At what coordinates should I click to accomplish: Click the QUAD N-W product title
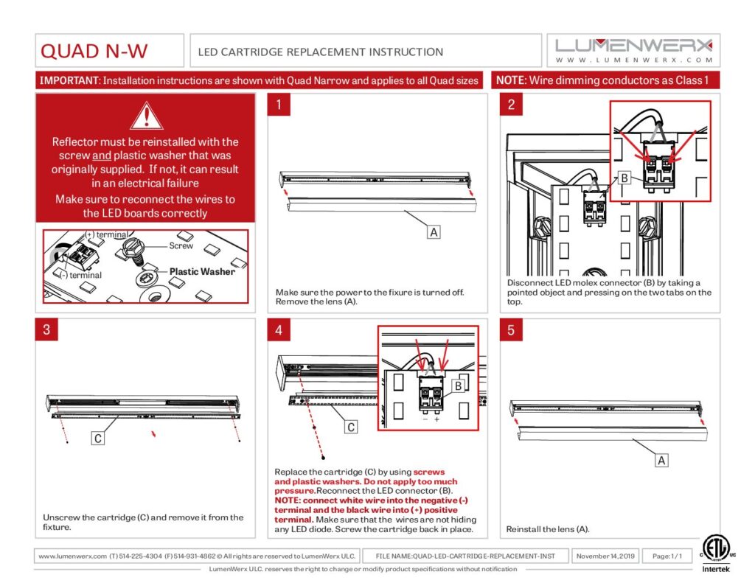pyautogui.click(x=94, y=51)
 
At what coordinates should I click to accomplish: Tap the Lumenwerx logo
pyautogui.click(x=634, y=50)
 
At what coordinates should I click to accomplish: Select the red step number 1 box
pyautogui.click(x=279, y=105)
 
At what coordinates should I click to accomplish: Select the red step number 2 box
pyautogui.click(x=511, y=105)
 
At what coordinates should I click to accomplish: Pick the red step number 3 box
pyautogui.click(x=47, y=329)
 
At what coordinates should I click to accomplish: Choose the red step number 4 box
pyautogui.click(x=279, y=329)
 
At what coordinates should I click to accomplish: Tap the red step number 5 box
pyautogui.click(x=511, y=329)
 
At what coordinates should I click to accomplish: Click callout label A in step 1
pyautogui.click(x=434, y=231)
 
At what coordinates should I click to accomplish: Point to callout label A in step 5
pyautogui.click(x=661, y=461)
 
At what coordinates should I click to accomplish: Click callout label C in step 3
pyautogui.click(x=97, y=439)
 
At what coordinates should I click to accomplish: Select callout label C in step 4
pyautogui.click(x=351, y=427)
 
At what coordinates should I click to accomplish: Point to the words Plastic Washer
pyautogui.click(x=202, y=271)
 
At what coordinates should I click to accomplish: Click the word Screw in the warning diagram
pyautogui.click(x=181, y=246)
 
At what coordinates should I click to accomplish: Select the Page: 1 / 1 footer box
pyautogui.click(x=667, y=556)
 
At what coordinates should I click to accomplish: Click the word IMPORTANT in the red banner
pyautogui.click(x=69, y=80)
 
